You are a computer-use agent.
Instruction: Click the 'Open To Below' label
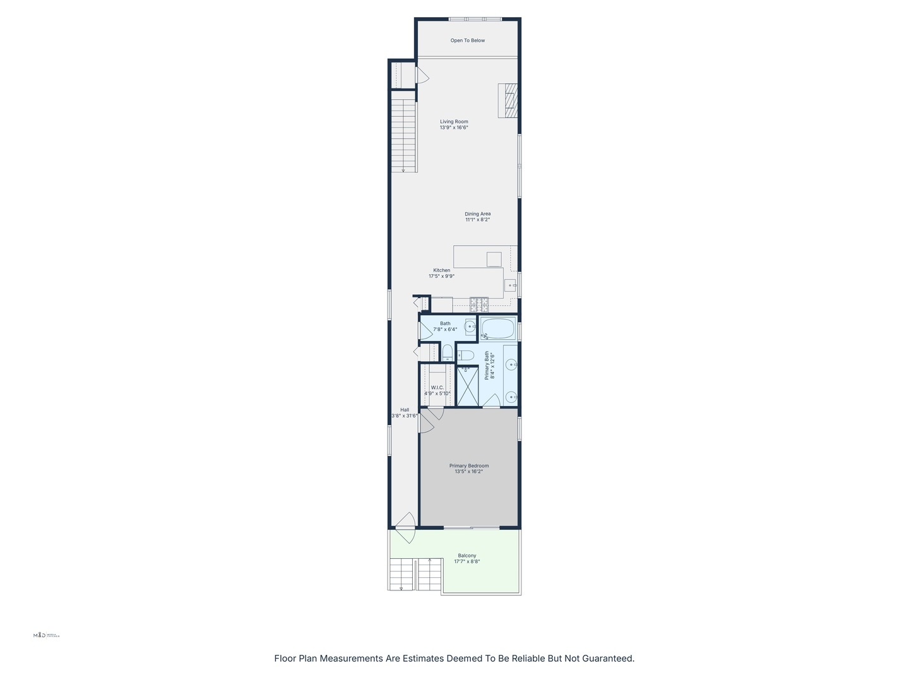[468, 40]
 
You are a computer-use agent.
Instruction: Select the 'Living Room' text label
[454, 122]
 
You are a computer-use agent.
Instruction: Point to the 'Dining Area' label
[477, 214]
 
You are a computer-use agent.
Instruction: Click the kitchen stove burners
[478, 304]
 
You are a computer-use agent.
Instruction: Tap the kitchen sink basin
[509, 285]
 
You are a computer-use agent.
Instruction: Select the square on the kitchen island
[494, 260]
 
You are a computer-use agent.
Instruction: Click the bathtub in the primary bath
[498, 328]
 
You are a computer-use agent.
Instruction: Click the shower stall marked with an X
[467, 386]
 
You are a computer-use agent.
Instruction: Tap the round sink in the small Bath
[470, 326]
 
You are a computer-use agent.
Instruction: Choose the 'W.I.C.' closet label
[437, 388]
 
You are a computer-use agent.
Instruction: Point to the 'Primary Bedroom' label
[469, 466]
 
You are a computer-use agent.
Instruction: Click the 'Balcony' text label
[467, 556]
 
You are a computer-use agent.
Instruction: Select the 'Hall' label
[405, 410]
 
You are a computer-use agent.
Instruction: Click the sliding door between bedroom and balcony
[471, 527]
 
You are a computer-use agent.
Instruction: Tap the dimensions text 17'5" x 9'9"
[442, 276]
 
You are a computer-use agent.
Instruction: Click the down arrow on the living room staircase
[403, 169]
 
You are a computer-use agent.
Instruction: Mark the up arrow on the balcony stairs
[430, 560]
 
